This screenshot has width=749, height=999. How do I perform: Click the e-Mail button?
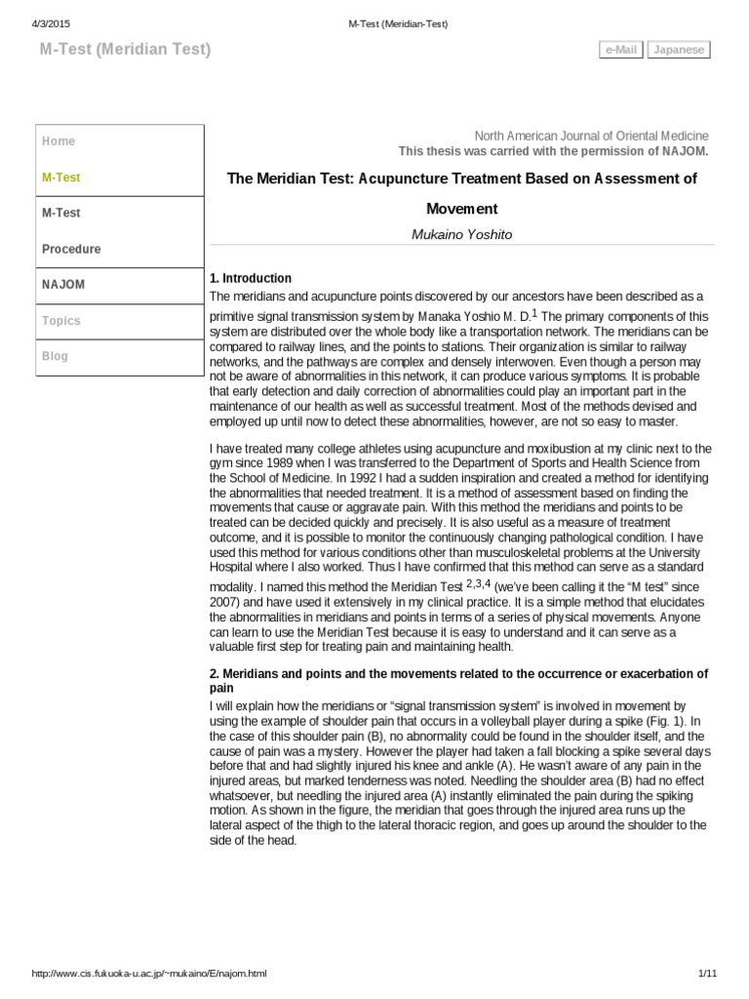[621, 50]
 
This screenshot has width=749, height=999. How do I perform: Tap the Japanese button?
[680, 50]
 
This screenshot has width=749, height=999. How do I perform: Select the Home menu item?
[59, 141]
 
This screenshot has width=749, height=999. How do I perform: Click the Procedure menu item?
[71, 249]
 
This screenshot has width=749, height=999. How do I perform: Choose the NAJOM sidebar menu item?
[63, 284]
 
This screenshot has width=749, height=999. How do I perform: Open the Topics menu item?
[61, 320]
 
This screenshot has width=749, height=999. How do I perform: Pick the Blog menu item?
[56, 356]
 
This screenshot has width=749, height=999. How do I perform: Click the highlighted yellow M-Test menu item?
[61, 178]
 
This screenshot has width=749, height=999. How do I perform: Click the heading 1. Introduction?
[251, 278]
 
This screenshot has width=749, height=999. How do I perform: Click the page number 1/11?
[708, 974]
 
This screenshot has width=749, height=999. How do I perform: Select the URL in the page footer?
[149, 974]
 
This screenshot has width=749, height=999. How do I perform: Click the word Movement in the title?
[462, 209]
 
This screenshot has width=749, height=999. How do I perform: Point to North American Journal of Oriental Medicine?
[592, 136]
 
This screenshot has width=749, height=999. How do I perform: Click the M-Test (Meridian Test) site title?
[125, 49]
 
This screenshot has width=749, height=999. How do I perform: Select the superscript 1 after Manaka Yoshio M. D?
[533, 313]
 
